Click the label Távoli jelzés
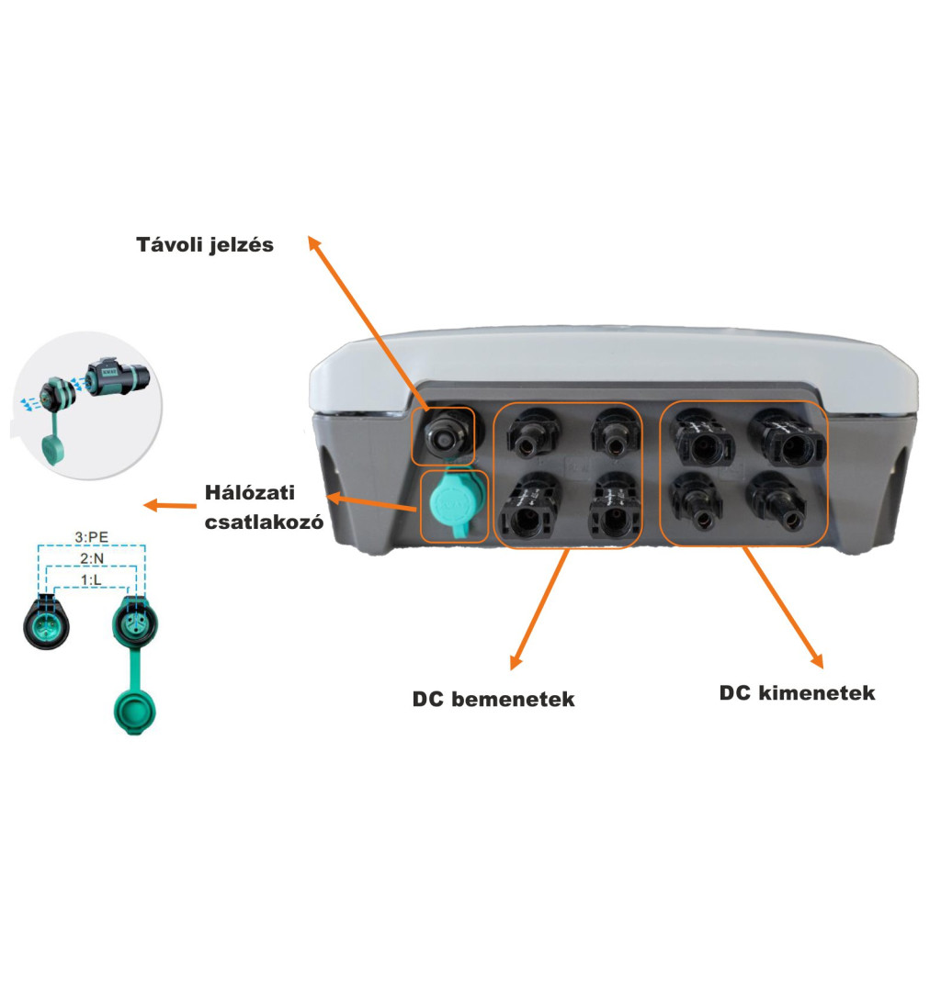coord(205,245)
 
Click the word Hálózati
coord(249,494)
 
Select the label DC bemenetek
coord(493,700)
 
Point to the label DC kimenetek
coord(797,693)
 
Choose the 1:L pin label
coord(92,578)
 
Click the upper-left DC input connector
coord(531,435)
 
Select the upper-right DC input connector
coord(611,432)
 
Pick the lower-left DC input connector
coord(527,511)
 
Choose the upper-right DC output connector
coord(788,440)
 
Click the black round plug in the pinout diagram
coord(45,622)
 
